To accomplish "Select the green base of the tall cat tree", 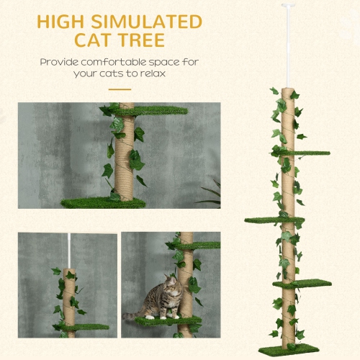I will point(289,348).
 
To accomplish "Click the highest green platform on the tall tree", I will point(306,153).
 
